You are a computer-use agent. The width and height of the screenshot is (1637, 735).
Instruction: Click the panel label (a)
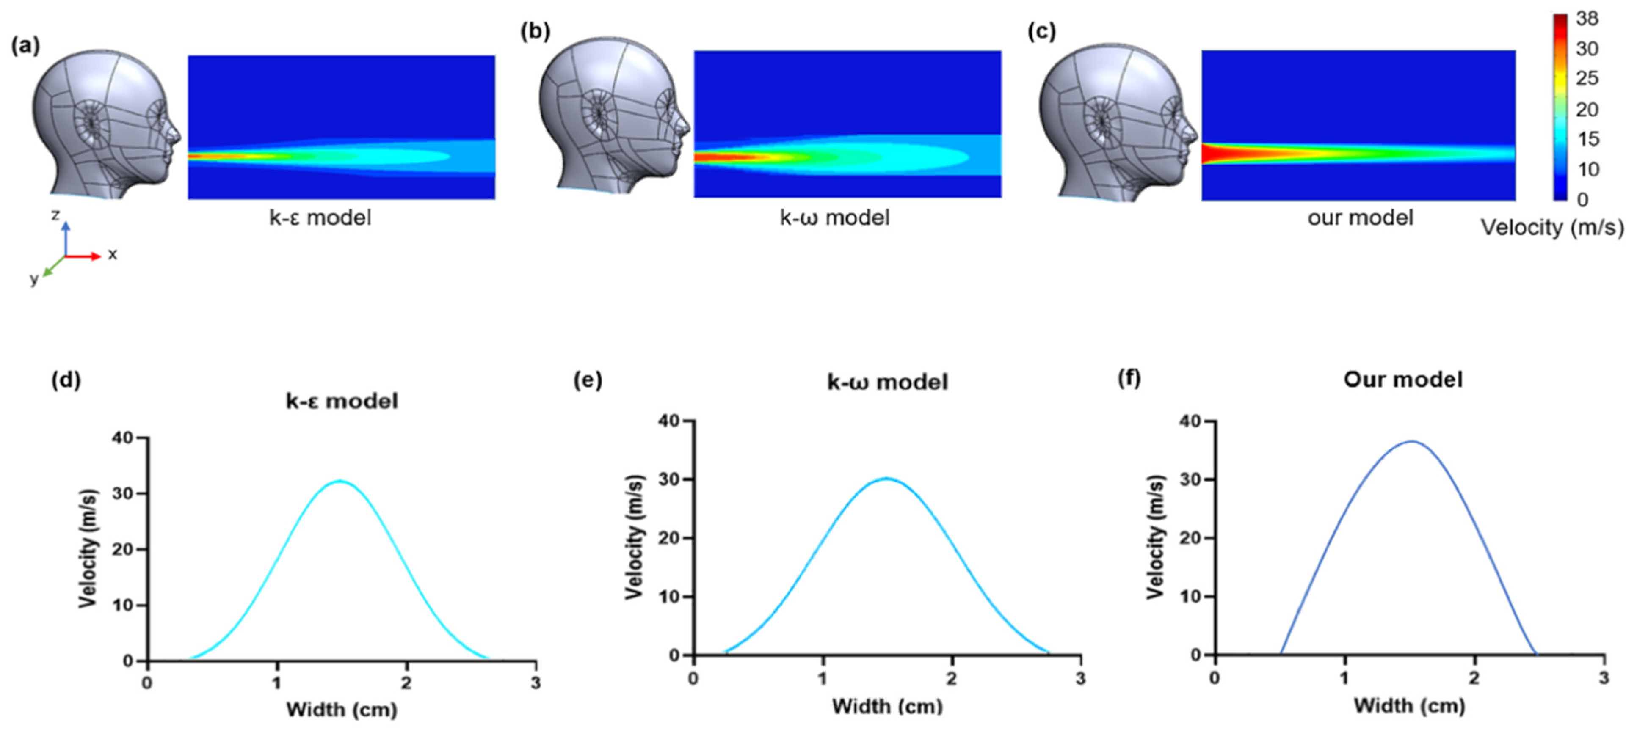[x=25, y=47]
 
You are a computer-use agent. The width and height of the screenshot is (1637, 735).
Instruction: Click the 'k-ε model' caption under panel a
[x=320, y=218]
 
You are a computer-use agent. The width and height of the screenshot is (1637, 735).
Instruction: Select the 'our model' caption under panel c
[x=1360, y=218]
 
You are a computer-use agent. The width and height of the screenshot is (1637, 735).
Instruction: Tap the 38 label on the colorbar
[x=1587, y=19]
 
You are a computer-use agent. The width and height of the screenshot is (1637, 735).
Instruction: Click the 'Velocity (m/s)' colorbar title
[x=1552, y=227]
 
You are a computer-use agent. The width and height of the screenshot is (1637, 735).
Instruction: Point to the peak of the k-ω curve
[x=886, y=478]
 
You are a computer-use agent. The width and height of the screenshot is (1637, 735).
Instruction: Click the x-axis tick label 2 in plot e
[x=951, y=678]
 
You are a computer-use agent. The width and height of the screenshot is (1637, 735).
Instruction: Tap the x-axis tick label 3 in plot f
[x=1604, y=678]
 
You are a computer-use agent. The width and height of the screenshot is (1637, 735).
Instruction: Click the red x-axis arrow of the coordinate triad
[x=86, y=256]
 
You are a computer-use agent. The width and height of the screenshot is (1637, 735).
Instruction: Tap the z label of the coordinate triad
[x=55, y=216]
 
